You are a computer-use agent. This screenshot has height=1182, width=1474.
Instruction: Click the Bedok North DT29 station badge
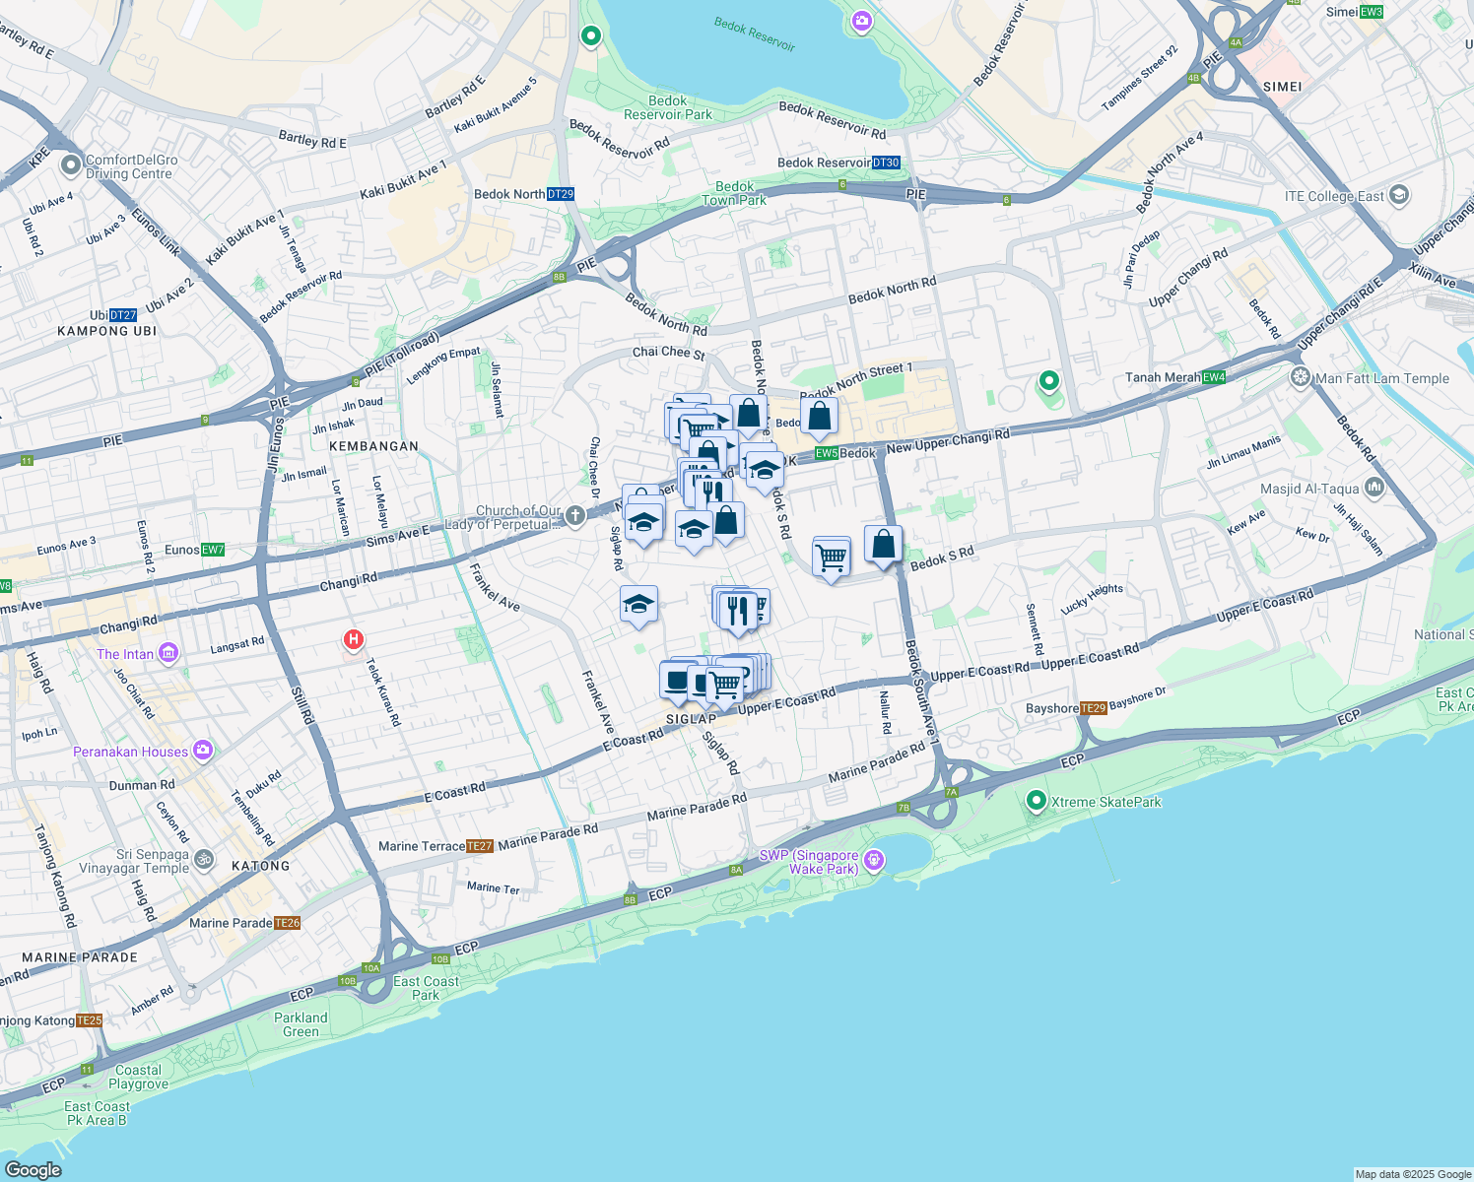coord(560,194)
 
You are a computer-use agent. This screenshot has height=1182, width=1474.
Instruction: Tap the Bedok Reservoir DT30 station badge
coord(886,163)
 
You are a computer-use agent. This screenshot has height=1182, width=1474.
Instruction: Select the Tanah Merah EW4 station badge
coord(1214,377)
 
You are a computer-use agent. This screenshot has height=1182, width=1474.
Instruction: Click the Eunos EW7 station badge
coord(212,550)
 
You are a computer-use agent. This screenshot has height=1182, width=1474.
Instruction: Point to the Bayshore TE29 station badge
coord(1094,708)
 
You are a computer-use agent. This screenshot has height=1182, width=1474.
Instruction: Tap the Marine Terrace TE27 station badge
coord(479,846)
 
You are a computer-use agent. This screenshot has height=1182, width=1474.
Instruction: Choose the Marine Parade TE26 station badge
coord(287,923)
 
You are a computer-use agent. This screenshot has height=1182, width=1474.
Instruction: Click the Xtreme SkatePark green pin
coord(1036,801)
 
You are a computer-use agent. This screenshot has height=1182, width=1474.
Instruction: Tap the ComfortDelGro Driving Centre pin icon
coord(70,164)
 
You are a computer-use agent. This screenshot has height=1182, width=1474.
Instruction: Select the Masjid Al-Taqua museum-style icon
coord(1374,488)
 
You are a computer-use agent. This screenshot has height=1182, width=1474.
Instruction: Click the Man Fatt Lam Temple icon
coord(1301,377)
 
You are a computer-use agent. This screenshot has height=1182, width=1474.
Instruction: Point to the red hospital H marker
coord(353,640)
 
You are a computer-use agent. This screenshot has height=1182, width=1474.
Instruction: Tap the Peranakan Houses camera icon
coord(203,751)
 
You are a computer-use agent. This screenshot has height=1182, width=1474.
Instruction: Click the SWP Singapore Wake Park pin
coord(873,861)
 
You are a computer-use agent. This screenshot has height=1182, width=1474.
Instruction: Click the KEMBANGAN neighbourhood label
coord(373,446)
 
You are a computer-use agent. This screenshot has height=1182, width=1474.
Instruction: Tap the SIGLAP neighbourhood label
coord(691,719)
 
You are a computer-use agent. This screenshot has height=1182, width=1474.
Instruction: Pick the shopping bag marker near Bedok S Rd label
coord(883,544)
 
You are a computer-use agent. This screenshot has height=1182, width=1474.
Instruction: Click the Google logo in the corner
coord(33,1169)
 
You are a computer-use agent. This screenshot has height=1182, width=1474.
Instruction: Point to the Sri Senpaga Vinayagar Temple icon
coord(203,860)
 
